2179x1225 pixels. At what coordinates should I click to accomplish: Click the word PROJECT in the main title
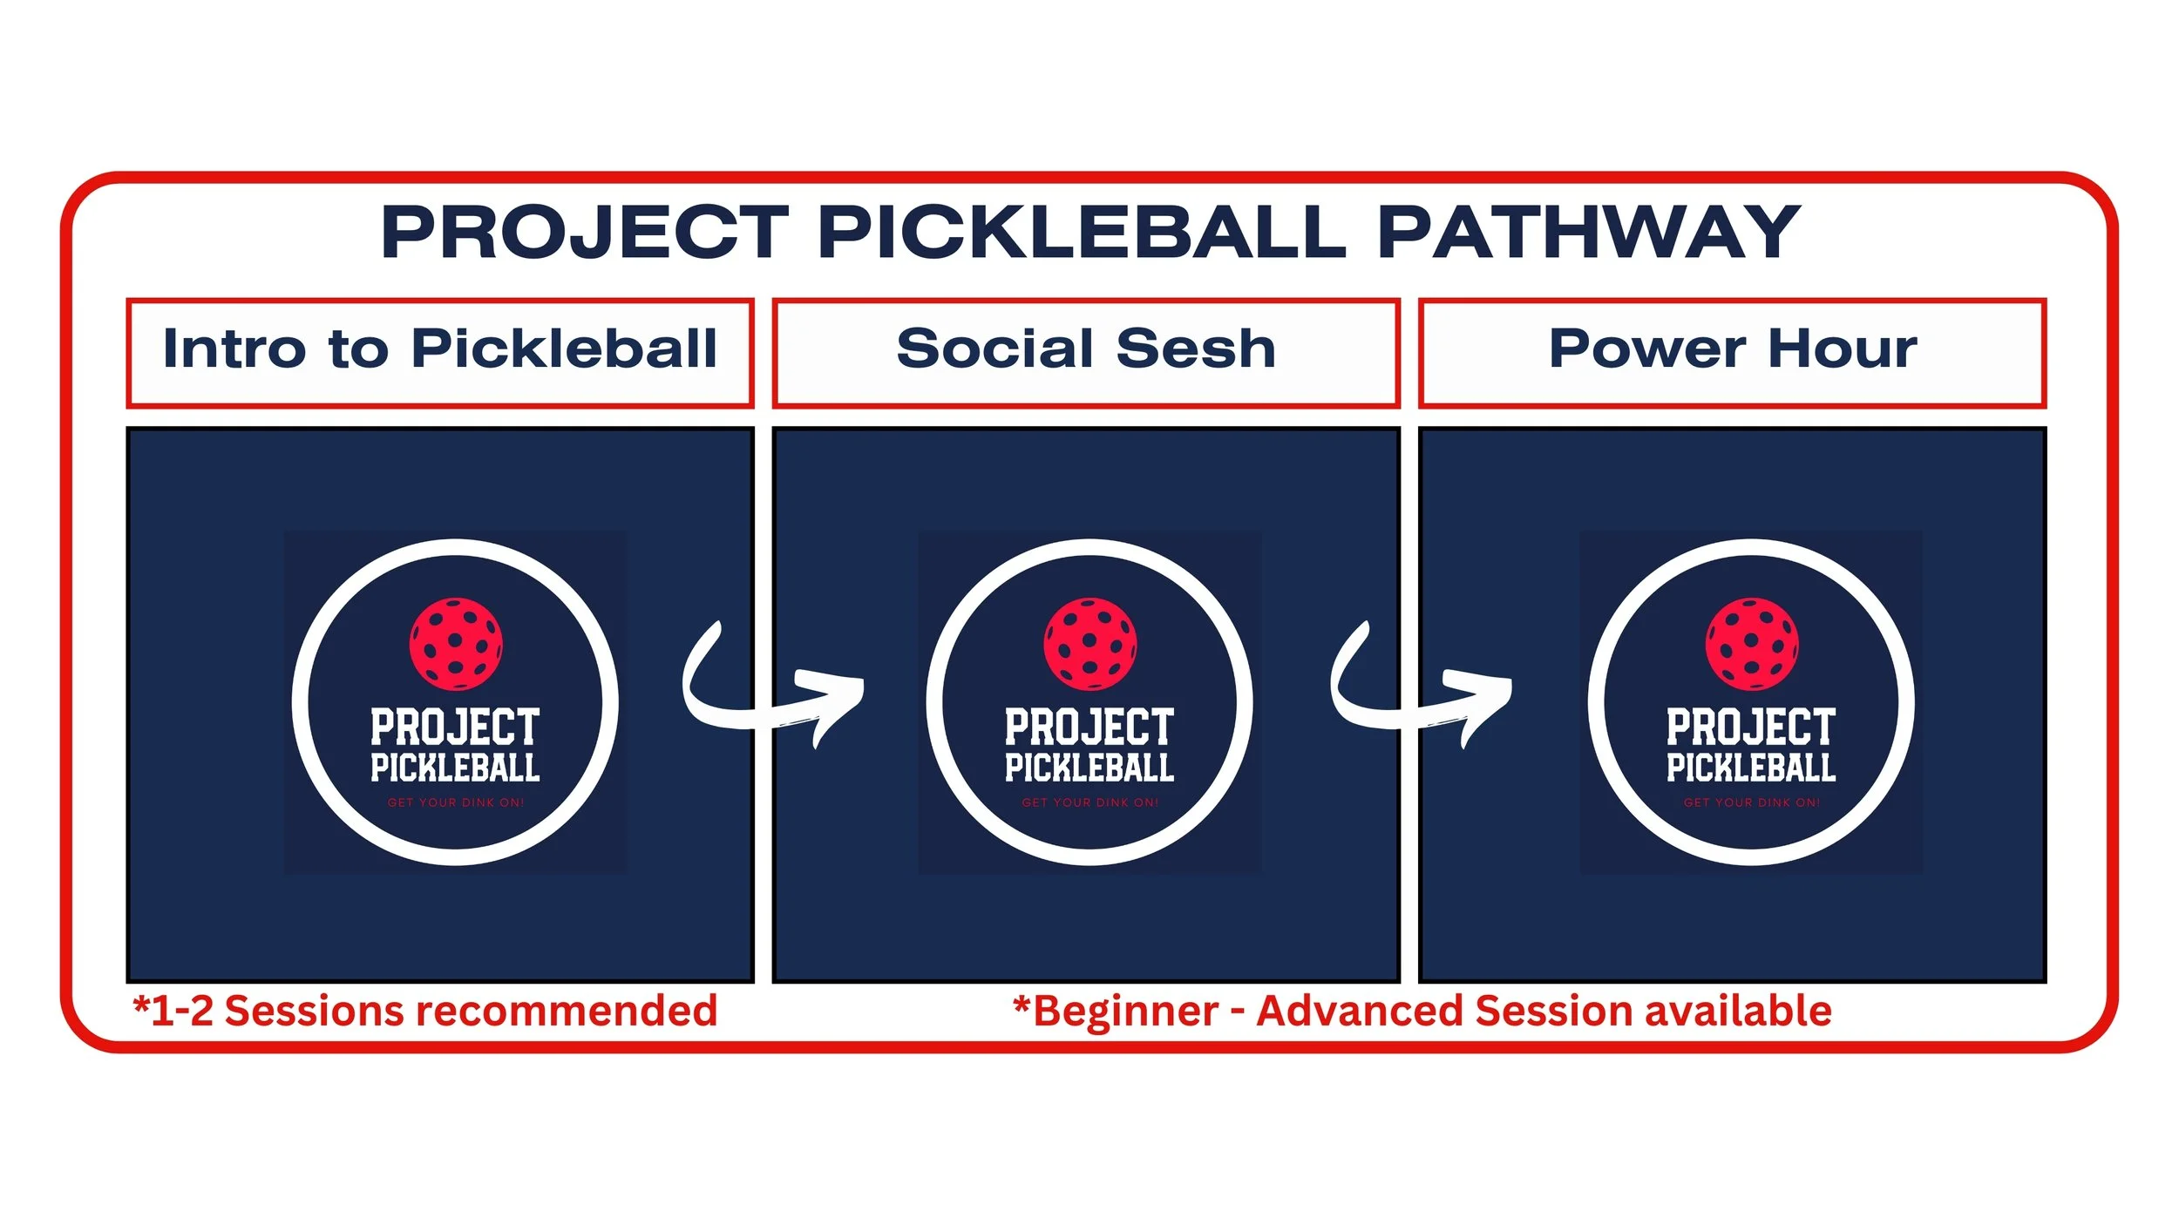[585, 233]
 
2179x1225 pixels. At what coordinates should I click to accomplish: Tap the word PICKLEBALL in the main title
[1082, 233]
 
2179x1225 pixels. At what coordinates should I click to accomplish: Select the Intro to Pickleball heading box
[439, 352]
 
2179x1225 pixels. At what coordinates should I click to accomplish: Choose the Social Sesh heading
[1085, 350]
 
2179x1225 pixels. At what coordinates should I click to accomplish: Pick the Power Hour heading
[1732, 350]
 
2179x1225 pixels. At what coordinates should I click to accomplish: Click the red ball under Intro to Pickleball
[456, 644]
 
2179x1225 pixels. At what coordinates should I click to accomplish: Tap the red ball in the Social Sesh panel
[1089, 644]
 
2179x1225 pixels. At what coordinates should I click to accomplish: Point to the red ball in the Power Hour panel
[1752, 644]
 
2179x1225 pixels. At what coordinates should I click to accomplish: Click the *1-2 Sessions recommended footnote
[424, 1012]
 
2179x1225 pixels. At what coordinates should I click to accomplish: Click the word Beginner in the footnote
[1124, 1012]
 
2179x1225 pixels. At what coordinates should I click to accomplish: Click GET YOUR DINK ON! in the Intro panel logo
[456, 802]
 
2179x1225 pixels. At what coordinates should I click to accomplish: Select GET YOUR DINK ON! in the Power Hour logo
[1752, 802]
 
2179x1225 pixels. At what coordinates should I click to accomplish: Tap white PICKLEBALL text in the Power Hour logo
[1752, 768]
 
